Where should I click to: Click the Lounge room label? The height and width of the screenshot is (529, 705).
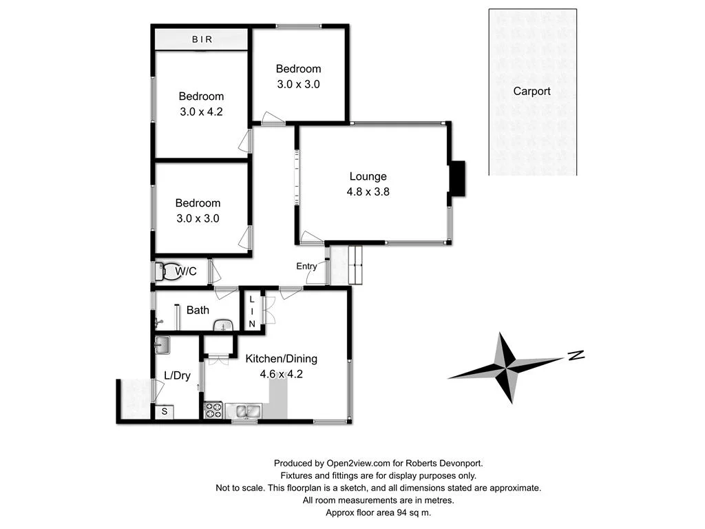(368, 176)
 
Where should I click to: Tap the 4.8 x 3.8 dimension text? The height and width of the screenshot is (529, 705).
(368, 192)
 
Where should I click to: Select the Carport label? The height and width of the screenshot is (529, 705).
(532, 91)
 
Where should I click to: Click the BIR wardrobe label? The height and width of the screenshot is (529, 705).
(202, 39)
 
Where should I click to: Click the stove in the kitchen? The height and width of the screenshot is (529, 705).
(213, 410)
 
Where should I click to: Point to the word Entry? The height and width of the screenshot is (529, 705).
(306, 266)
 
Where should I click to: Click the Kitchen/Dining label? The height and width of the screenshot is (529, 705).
(282, 359)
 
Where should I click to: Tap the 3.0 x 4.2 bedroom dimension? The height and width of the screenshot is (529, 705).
(201, 112)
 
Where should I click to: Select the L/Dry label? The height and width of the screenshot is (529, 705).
(177, 375)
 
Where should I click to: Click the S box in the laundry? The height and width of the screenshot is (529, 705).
(165, 412)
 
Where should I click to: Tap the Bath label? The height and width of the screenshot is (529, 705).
(198, 310)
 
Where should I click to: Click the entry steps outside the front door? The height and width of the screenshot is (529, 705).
(356, 264)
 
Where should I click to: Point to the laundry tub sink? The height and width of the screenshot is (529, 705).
(162, 344)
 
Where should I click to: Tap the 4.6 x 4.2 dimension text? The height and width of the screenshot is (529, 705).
(281, 375)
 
